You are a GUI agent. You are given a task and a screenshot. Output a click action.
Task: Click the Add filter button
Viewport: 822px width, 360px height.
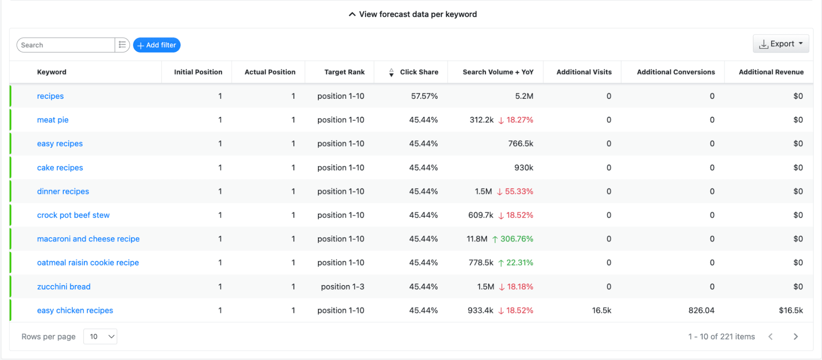157,45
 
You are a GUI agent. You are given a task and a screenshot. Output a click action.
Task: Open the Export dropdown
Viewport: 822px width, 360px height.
781,44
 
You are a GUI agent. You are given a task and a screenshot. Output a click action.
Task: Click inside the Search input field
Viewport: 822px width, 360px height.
66,45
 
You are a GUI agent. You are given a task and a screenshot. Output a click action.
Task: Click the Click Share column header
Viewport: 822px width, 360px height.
419,72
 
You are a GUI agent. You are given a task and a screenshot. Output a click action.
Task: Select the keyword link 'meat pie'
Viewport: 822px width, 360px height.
53,120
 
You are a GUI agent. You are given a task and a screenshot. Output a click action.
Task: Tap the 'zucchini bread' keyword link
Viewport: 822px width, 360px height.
64,287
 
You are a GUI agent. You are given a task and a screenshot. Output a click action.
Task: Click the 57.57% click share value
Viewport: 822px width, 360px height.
424,96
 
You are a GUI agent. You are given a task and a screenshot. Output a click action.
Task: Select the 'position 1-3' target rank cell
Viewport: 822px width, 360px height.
343,287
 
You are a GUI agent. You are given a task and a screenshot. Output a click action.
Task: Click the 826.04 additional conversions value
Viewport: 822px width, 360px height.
701,311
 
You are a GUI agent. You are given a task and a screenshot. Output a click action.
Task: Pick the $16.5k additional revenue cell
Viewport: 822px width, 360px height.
791,311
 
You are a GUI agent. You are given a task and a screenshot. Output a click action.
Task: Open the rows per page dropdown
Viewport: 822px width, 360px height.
100,337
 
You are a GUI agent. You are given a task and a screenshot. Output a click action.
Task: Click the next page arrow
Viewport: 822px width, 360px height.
796,337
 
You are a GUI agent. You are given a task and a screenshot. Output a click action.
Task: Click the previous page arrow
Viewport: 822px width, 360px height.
771,337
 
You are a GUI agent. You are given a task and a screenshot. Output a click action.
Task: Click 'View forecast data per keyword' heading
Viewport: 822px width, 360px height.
418,14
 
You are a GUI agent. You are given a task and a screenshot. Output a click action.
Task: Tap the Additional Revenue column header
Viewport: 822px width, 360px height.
771,72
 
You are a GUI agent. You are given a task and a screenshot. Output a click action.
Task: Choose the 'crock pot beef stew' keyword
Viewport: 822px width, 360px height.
73,215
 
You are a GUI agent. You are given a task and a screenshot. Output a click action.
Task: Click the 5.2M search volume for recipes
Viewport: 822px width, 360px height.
524,96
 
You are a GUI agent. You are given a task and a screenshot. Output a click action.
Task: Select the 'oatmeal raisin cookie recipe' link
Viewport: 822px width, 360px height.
88,263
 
